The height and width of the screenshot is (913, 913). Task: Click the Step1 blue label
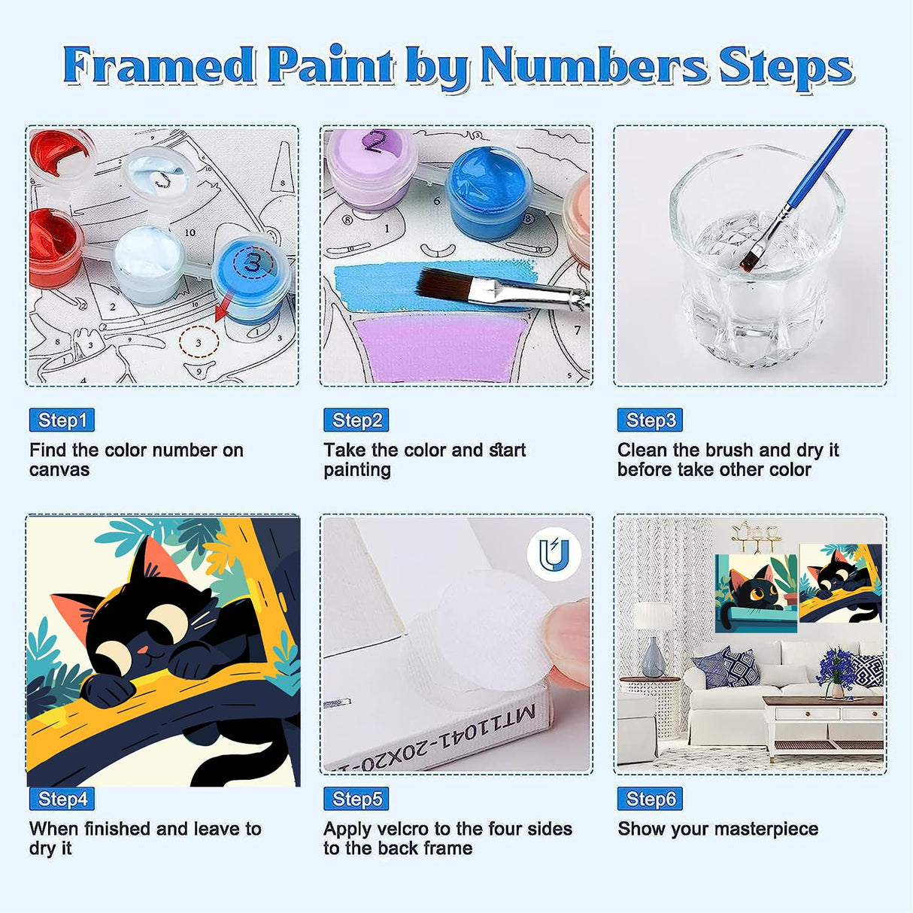point(62,420)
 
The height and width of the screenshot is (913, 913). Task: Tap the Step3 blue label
point(650,420)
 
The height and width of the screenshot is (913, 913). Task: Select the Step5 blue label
point(356,799)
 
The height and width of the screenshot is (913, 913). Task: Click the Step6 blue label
point(650,799)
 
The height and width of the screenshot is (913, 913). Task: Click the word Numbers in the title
point(594,66)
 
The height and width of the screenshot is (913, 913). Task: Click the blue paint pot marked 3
point(251,275)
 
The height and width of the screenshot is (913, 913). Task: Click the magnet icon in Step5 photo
point(554,555)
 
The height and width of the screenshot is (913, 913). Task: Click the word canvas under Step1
point(59,470)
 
